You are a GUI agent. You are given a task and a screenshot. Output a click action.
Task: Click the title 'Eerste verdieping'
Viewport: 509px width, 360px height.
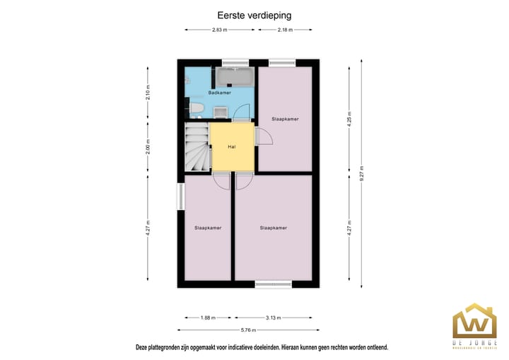254,14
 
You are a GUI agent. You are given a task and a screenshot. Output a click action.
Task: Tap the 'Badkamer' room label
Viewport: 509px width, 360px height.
219,93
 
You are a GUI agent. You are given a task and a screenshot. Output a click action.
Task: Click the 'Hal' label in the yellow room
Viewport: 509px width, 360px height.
231,146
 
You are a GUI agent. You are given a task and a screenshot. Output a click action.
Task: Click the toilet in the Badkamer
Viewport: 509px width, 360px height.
196,108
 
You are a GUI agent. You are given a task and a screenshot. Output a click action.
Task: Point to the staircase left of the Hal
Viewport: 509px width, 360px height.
197,147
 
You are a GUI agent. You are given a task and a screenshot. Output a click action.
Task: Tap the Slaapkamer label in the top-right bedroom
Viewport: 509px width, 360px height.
285,119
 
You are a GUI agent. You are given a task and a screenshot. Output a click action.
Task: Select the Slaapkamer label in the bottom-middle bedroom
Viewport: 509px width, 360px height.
273,228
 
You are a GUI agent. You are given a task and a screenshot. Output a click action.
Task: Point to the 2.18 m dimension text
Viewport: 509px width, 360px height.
285,30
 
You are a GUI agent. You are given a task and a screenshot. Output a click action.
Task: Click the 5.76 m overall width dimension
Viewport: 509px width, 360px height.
248,330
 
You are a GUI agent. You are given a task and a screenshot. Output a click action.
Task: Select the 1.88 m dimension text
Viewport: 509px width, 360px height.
208,318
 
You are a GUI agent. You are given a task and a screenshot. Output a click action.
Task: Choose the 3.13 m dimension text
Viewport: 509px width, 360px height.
273,318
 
